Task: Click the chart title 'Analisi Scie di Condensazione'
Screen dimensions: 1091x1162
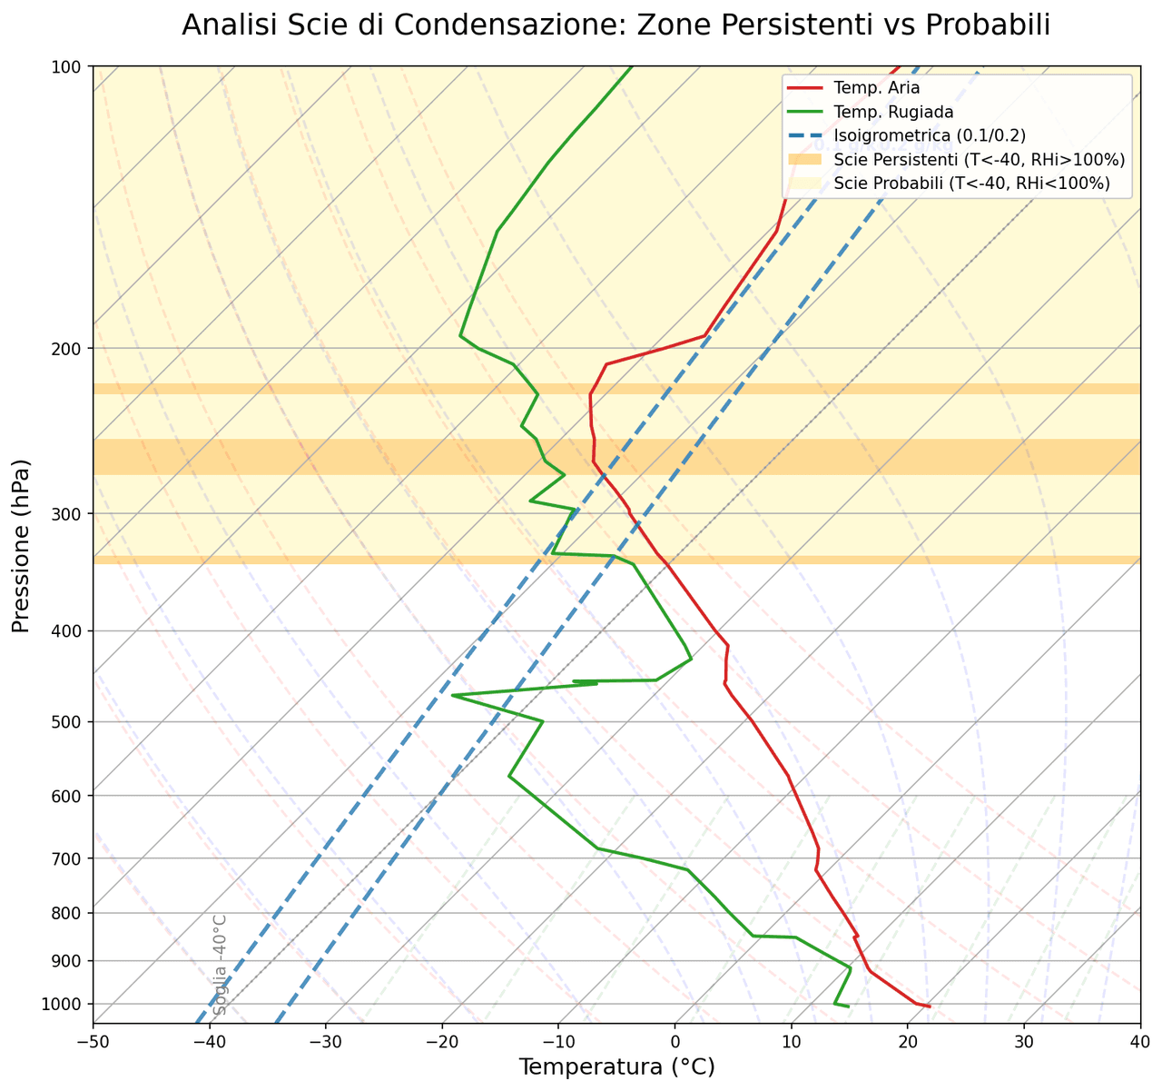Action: [615, 25]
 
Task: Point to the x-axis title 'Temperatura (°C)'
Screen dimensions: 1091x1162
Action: [616, 1066]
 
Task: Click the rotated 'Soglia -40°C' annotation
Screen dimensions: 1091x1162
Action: [219, 964]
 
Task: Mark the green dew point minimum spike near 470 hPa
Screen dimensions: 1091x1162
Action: [452, 695]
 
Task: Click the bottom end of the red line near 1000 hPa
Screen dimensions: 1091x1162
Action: [929, 1007]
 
